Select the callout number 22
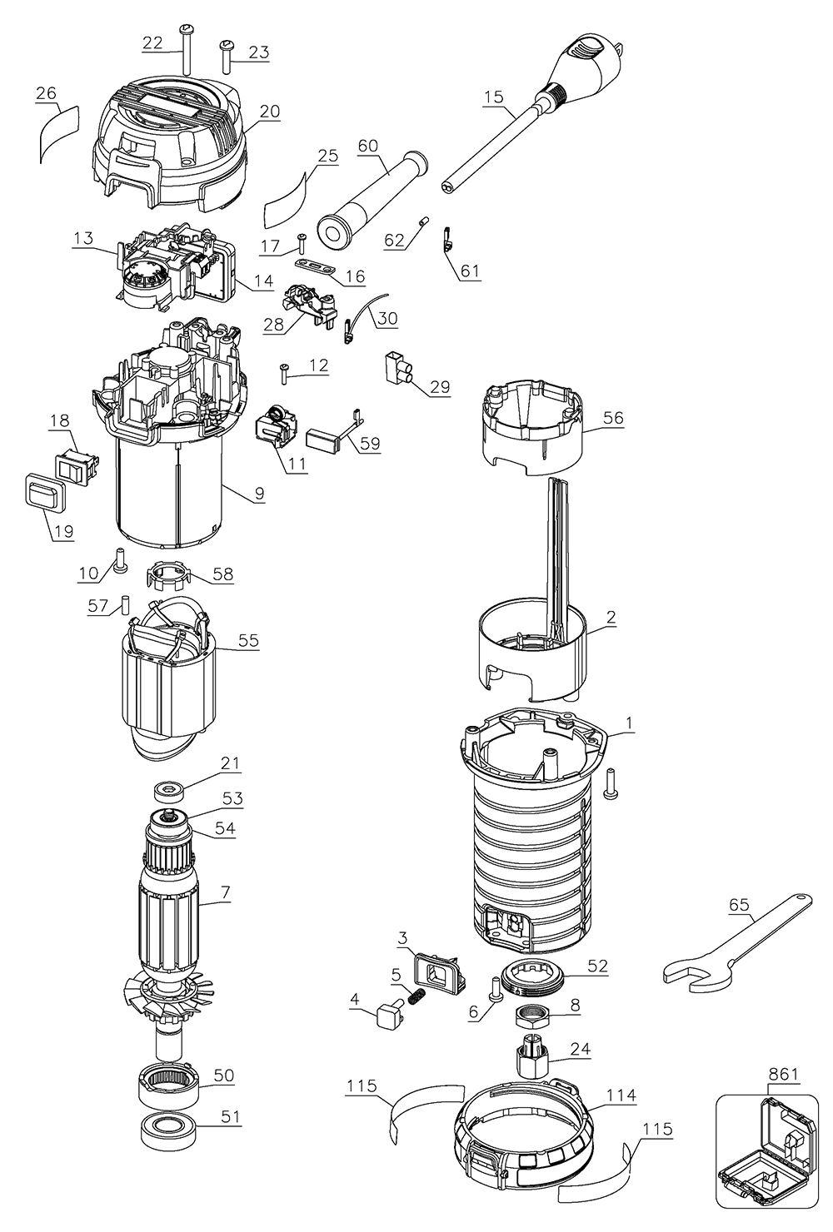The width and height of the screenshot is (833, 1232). tap(152, 43)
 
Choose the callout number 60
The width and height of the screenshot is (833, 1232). tap(367, 146)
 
